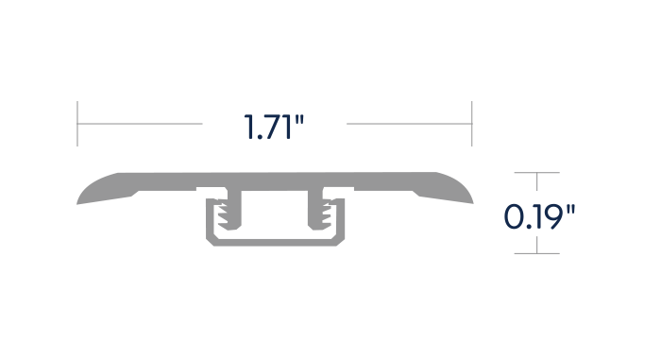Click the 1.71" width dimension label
point(274,127)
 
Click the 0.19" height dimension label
point(539,216)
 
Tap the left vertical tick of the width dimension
point(77,124)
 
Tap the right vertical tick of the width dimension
point(472,124)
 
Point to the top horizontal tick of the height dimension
point(536,172)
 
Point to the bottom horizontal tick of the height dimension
point(536,253)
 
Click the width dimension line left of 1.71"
point(140,124)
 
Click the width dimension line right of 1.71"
point(409,124)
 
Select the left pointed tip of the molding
point(76,204)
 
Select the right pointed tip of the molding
point(473,203)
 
